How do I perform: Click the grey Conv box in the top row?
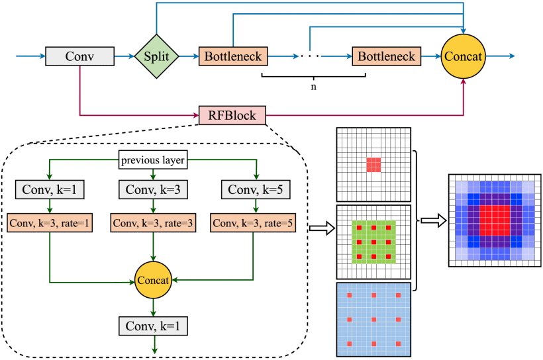pos(79,56)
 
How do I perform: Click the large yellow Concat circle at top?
pos(463,56)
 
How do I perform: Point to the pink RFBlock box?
pos(232,115)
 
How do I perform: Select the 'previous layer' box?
pos(154,159)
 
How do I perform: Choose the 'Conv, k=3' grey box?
pos(154,190)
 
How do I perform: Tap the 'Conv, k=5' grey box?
pos(255,190)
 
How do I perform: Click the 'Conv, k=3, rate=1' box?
pos(50,223)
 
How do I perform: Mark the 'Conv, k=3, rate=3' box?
pos(154,223)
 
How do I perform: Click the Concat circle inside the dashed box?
pos(154,281)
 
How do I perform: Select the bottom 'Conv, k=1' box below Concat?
pos(154,326)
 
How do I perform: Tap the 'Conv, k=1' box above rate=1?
pos(50,190)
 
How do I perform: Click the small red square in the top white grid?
pos(374,164)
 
